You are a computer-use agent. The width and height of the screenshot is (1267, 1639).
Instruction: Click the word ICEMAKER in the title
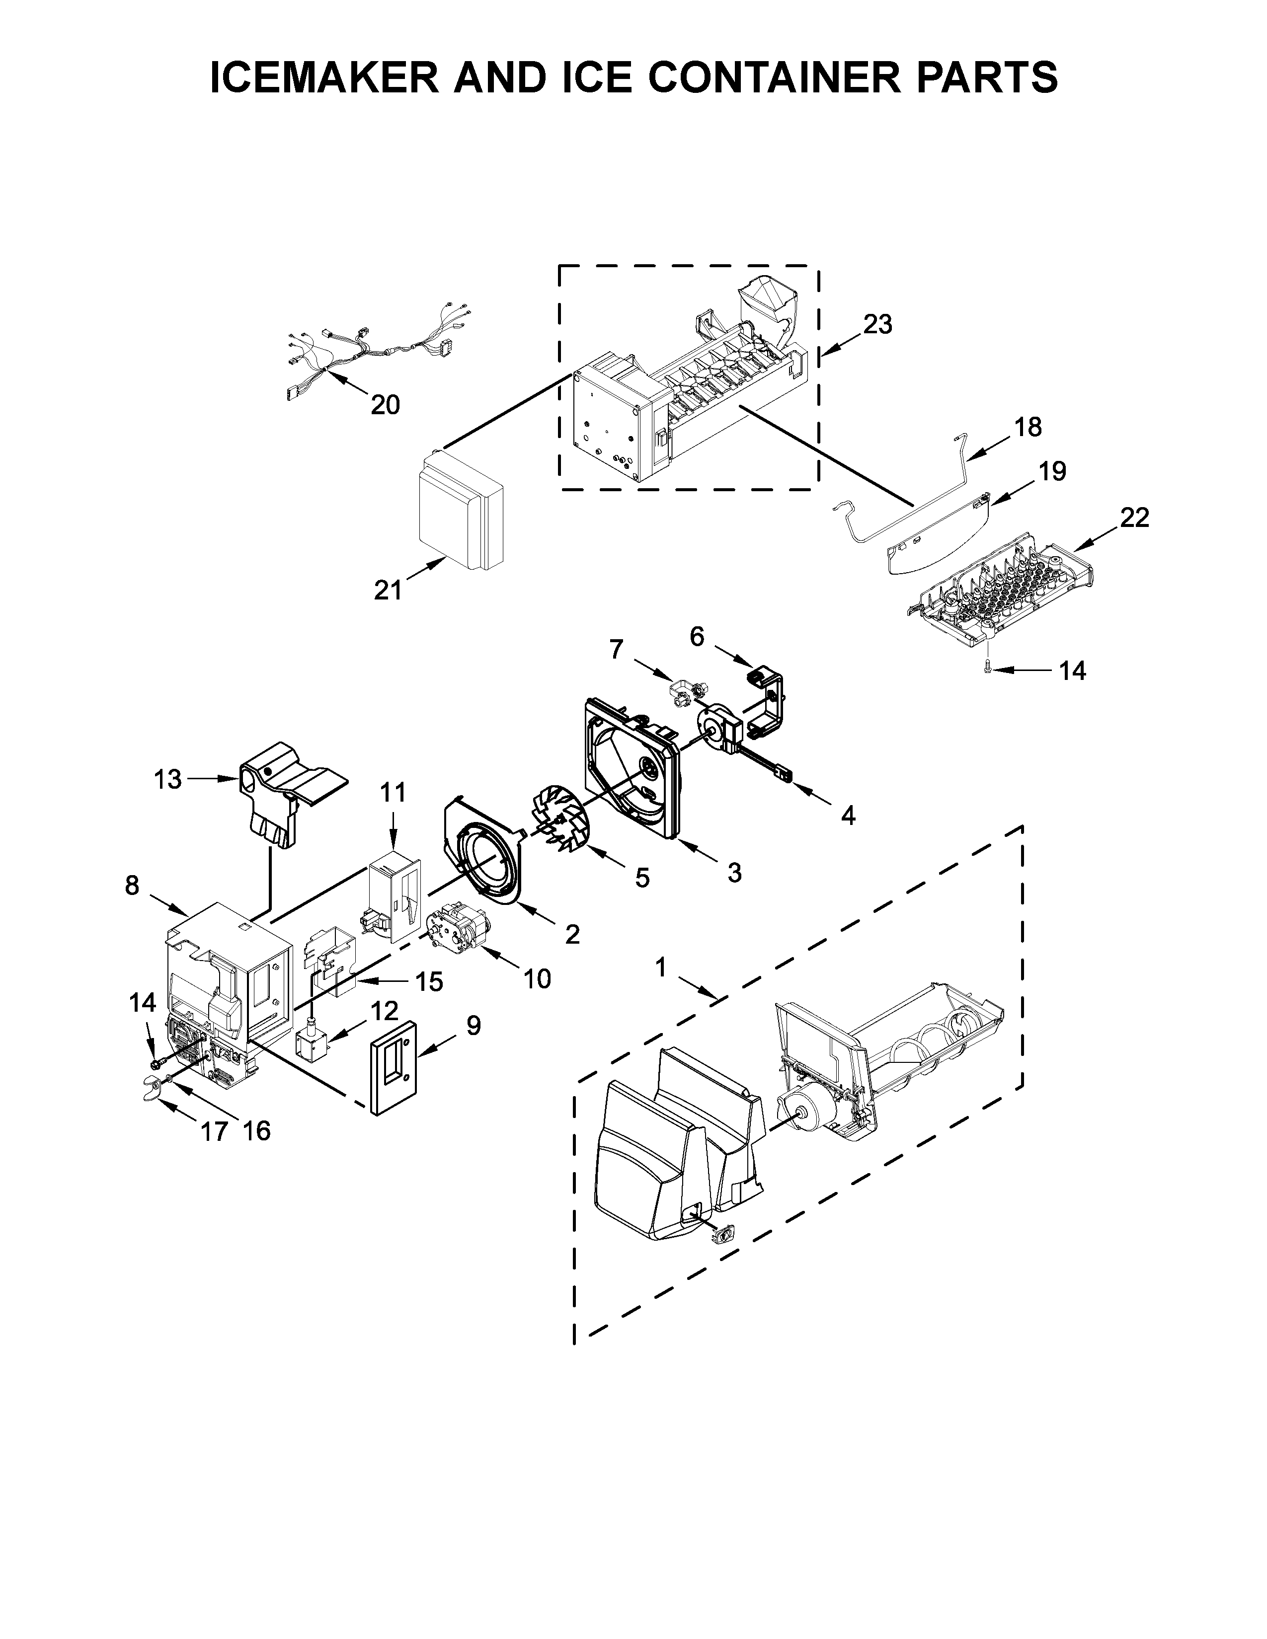324,77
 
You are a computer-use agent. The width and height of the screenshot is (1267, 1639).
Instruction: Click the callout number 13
167,780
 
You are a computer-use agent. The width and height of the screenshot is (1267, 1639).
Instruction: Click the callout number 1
660,968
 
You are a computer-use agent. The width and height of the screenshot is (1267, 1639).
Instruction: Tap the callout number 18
1028,427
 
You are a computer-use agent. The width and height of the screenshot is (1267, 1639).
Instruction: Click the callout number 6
697,637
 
